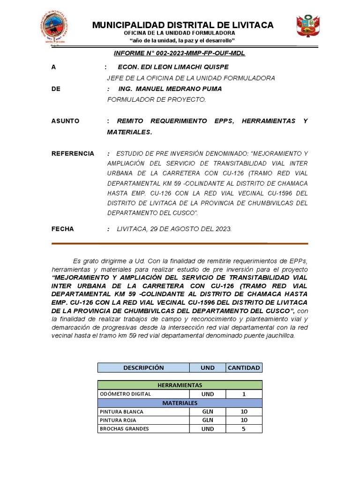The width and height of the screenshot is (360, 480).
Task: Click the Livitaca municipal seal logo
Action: click(55, 28)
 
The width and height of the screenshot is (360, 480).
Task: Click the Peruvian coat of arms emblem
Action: click(308, 26)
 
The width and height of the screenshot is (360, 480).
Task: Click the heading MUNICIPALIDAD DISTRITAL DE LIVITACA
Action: click(183, 25)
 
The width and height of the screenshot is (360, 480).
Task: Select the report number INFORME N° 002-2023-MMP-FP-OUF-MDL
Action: click(180, 53)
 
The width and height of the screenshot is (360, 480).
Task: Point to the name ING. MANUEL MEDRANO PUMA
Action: click(170, 89)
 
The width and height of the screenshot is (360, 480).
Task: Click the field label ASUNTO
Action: click(65, 121)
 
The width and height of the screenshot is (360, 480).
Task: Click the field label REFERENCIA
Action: click(73, 153)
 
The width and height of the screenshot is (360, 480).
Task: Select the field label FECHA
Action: click(62, 229)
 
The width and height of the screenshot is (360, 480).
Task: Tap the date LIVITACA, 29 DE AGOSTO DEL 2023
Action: click(174, 229)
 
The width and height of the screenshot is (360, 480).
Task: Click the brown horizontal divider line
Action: click(180, 243)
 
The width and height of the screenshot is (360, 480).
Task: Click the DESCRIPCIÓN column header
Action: click(143, 367)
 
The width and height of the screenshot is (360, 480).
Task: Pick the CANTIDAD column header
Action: click(244, 367)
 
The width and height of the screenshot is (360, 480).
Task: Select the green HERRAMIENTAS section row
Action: click(180, 385)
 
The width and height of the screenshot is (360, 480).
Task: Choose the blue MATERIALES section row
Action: click(180, 403)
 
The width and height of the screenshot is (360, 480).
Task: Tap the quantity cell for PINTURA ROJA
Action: click(244, 420)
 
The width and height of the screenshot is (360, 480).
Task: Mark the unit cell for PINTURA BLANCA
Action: click(208, 412)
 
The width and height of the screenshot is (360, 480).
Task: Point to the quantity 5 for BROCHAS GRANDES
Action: click(244, 428)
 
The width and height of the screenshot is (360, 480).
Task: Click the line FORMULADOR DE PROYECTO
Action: click(157, 99)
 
